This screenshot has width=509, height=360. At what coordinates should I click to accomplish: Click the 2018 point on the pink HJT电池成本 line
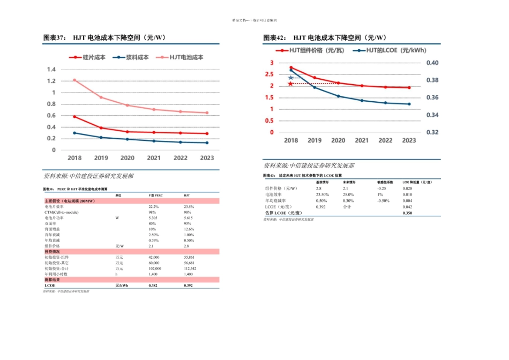point(74,80)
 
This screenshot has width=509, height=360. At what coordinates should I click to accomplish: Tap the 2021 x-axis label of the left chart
point(154,158)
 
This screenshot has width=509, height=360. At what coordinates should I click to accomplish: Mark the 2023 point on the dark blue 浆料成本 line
point(207,142)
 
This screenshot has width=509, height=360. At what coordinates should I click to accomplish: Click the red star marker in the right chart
point(291,84)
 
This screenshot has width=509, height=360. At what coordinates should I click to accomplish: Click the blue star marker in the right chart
point(291,78)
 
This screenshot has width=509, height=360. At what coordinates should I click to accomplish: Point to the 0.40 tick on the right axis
point(432,63)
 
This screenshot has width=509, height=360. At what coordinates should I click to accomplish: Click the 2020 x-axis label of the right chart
point(338,140)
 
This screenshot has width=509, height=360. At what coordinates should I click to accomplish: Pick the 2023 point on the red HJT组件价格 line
point(409,88)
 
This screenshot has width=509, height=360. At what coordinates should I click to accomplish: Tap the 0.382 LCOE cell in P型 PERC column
point(153,286)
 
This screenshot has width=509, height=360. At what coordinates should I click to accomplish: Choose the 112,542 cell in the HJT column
point(190,268)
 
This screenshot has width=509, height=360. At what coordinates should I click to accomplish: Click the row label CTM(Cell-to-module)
point(62,212)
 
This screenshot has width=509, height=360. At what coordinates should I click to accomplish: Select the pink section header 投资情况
point(52,251)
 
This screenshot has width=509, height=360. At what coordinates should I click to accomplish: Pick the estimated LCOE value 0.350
point(407,213)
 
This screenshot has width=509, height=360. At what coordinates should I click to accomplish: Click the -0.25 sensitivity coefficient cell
point(381,189)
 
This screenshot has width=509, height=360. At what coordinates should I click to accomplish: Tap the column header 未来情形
point(350,182)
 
